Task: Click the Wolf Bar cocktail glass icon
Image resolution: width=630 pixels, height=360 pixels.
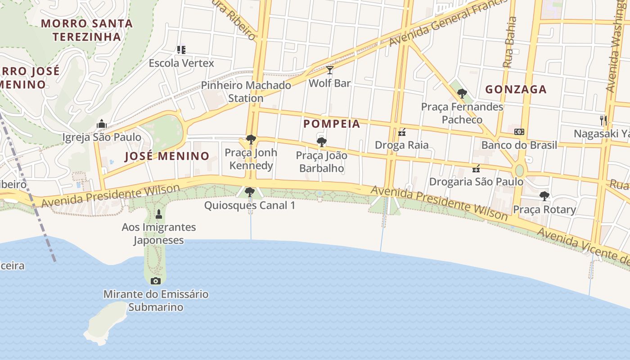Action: click(330, 70)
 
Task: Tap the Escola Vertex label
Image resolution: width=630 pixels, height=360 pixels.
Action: click(181, 63)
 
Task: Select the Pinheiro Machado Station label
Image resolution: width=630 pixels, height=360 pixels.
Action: click(246, 91)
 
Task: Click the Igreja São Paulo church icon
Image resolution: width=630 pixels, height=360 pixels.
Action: click(102, 124)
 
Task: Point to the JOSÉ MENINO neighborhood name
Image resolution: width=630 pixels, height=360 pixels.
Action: click(167, 156)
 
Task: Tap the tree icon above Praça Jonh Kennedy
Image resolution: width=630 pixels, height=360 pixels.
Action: click(251, 139)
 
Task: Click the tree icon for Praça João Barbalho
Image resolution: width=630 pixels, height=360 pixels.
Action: click(321, 143)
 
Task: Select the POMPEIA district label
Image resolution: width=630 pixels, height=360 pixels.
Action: click(332, 124)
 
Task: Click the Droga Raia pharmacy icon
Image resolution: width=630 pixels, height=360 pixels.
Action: click(402, 132)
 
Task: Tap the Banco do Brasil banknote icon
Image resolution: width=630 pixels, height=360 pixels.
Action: click(519, 132)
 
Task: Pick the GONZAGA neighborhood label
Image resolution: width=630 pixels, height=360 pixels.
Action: click(516, 89)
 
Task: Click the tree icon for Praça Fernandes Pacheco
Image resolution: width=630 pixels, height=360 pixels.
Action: click(462, 94)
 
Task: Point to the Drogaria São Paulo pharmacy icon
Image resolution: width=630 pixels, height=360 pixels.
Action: click(476, 169)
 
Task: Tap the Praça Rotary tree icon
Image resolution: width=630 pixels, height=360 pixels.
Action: click(544, 196)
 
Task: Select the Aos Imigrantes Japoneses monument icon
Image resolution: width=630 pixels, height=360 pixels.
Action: click(158, 214)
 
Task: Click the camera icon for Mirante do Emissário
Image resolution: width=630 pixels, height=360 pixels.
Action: click(156, 281)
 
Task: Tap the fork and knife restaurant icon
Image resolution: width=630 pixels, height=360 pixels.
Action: click(603, 120)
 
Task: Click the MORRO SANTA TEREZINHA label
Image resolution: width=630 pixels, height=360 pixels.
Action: click(87, 30)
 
